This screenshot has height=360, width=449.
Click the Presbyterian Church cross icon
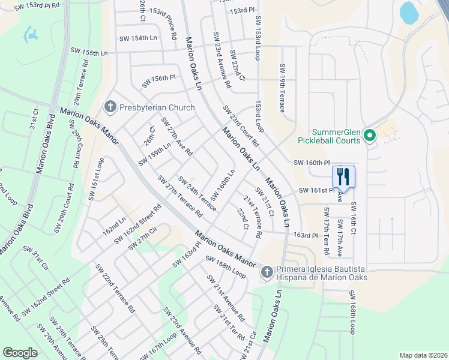pyautogui.click(x=110, y=107)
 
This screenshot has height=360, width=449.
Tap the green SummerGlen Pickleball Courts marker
pyautogui.click(x=370, y=136)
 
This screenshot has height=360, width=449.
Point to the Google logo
pyautogui.click(x=20, y=353)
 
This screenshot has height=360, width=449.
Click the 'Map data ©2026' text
pyautogui.click(x=423, y=355)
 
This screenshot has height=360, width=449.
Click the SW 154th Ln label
pyautogui.click(x=138, y=38)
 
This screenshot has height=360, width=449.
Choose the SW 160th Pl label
pyautogui.click(x=312, y=163)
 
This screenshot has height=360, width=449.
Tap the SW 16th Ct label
pyautogui.click(x=354, y=222)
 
